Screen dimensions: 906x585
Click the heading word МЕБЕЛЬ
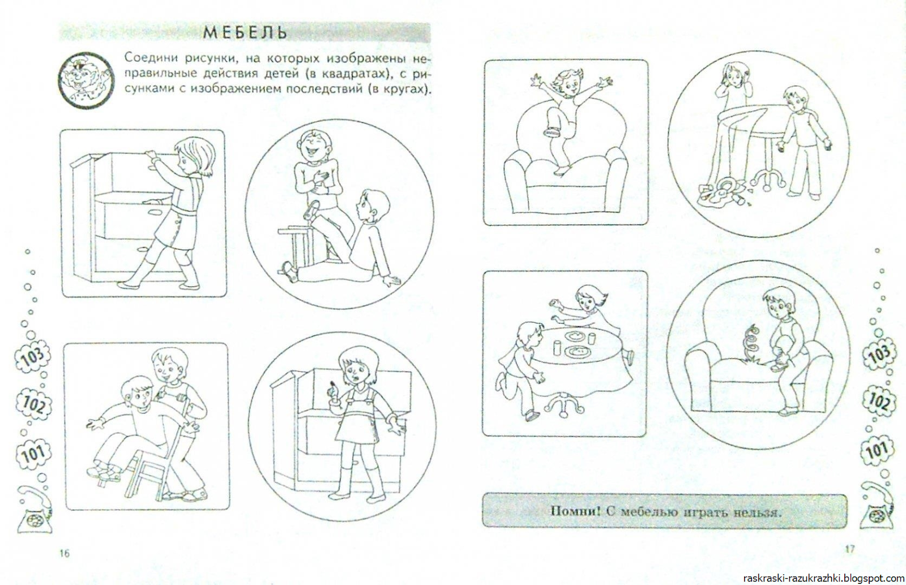point(245,32)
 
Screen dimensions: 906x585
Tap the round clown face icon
point(86,80)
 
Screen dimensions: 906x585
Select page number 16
point(65,553)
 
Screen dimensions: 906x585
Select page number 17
point(849,549)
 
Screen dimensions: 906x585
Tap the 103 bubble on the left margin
point(33,356)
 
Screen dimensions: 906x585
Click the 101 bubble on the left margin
point(33,455)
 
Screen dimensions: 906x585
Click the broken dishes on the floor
point(723,193)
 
